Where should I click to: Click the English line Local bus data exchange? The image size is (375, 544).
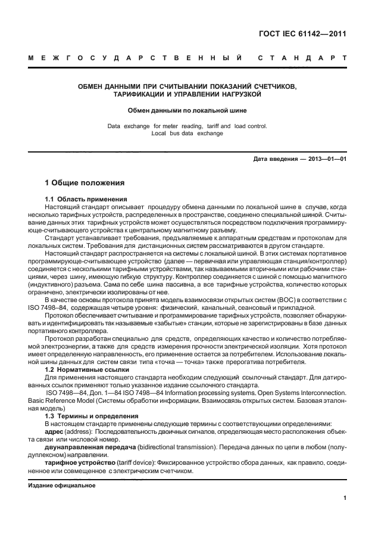[x=187, y=133]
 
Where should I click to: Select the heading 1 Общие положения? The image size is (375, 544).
[x=85, y=182]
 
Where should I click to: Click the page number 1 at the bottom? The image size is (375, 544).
[x=345, y=499]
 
